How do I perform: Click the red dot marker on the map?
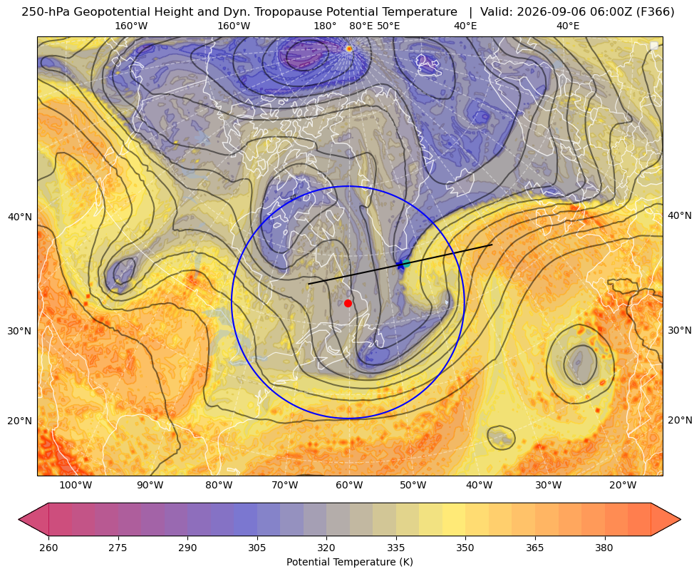click(348, 303)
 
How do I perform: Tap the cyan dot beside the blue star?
click(405, 263)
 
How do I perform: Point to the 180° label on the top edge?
click(325, 26)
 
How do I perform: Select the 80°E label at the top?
click(361, 26)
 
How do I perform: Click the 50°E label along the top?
click(389, 26)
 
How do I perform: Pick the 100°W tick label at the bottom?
click(76, 485)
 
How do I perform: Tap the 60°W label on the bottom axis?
click(349, 485)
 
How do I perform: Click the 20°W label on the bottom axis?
click(623, 485)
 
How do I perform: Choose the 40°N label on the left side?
click(20, 217)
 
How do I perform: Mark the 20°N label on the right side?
click(680, 420)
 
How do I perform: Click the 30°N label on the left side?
click(20, 331)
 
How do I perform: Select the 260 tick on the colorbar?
click(48, 548)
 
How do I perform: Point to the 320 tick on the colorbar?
click(326, 548)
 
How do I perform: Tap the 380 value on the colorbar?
click(604, 548)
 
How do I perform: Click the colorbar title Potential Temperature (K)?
click(349, 562)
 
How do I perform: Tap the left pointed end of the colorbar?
click(19, 519)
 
